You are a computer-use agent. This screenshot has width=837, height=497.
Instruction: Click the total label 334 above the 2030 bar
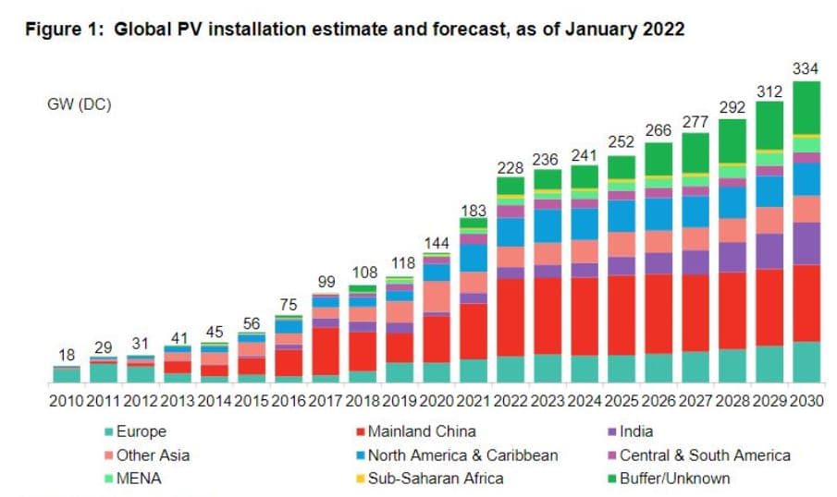pyautogui.click(x=806, y=68)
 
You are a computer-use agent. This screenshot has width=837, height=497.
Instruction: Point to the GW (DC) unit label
pyautogui.click(x=80, y=104)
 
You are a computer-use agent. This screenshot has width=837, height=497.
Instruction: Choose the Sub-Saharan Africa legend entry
pyautogui.click(x=436, y=479)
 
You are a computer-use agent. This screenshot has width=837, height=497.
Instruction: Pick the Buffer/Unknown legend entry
pyautogui.click(x=674, y=479)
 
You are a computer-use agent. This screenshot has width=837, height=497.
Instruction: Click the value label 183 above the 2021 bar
pyautogui.click(x=474, y=211)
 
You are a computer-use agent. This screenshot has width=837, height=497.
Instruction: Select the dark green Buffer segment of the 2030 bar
pyautogui.click(x=806, y=108)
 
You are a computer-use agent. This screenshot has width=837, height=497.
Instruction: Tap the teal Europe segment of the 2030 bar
pyautogui.click(x=806, y=362)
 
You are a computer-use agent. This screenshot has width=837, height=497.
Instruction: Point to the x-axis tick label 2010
pyautogui.click(x=66, y=402)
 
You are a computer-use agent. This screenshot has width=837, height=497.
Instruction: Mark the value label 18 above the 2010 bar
pyautogui.click(x=66, y=356)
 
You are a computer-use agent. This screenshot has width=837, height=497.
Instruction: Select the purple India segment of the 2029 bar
pyautogui.click(x=769, y=250)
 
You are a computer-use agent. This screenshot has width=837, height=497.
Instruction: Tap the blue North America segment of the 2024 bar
pyautogui.click(x=585, y=224)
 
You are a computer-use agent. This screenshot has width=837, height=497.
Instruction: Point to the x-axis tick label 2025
pyautogui.click(x=622, y=402)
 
